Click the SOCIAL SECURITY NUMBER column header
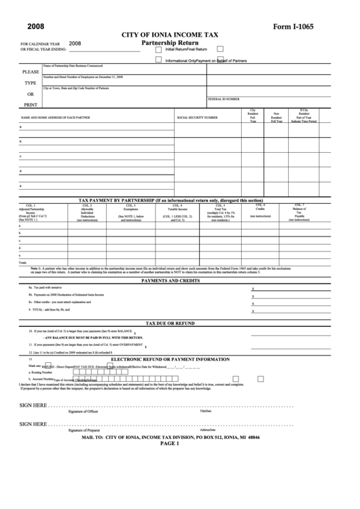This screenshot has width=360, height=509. click(x=197, y=118)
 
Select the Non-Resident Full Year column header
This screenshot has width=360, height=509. click(x=276, y=118)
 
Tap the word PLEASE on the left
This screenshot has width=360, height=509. click(x=31, y=71)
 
